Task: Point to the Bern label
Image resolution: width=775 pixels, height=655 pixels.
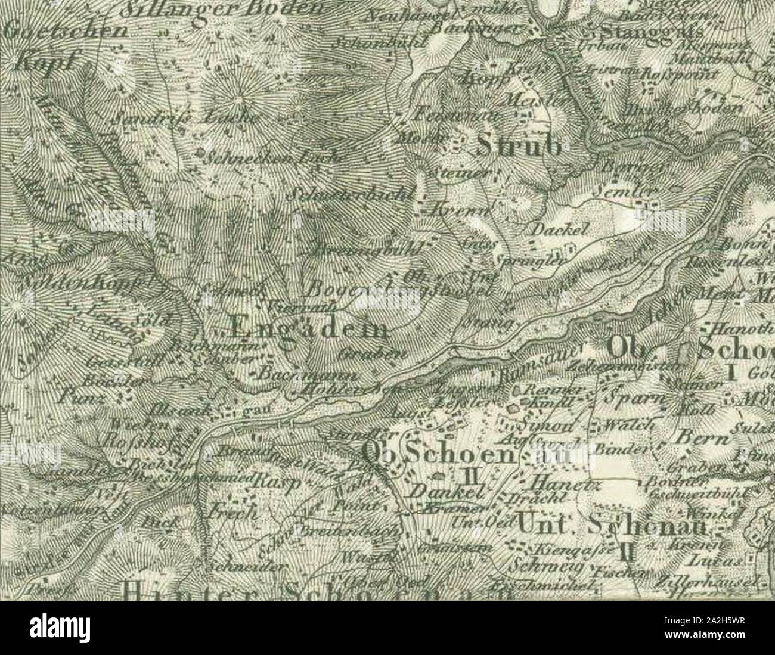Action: (703, 437)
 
